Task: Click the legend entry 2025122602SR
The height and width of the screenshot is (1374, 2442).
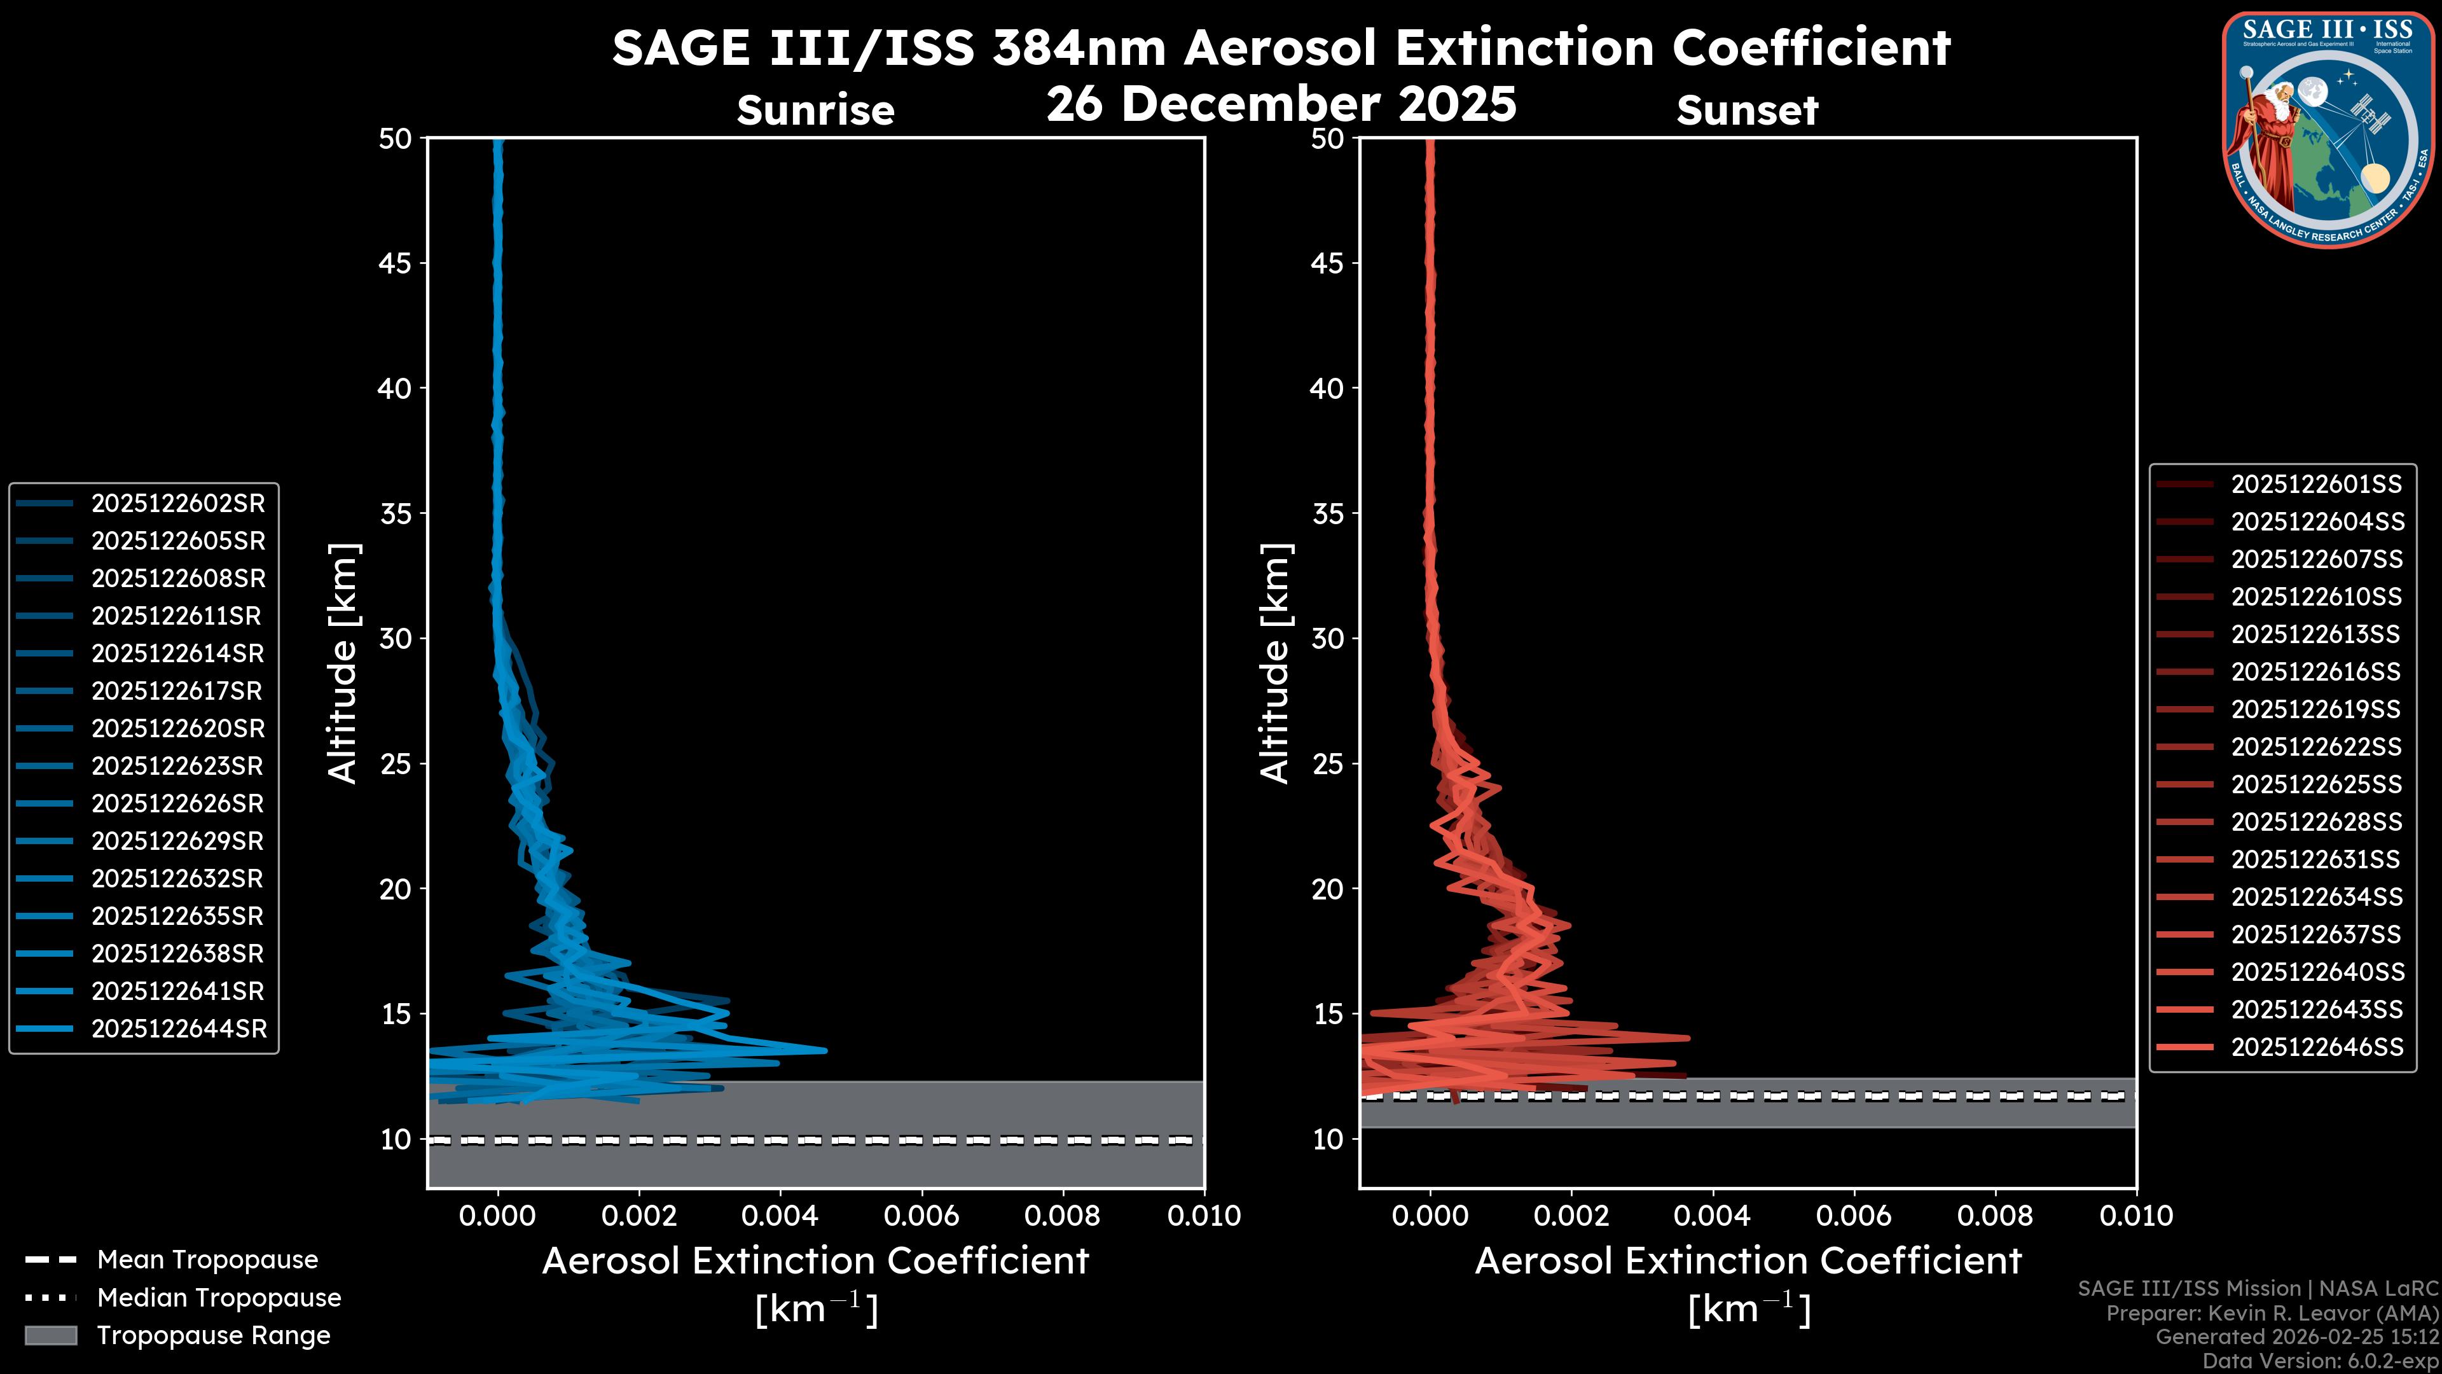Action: [x=177, y=504]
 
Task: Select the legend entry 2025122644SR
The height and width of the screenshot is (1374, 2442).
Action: [x=178, y=1029]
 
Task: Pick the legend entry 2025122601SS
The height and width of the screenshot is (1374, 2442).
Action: [x=2316, y=485]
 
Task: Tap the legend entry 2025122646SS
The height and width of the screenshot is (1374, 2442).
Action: [x=2316, y=1047]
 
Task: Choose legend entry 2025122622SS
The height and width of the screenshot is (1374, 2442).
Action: [x=2316, y=747]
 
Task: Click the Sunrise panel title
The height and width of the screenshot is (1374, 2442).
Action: [x=815, y=110]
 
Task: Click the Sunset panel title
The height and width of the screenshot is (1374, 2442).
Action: [x=1747, y=110]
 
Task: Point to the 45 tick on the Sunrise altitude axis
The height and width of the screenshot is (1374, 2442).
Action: [x=396, y=263]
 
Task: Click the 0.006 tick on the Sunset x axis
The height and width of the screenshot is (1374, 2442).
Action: [x=1854, y=1216]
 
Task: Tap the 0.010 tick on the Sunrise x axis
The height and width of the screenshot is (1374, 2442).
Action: [x=1203, y=1216]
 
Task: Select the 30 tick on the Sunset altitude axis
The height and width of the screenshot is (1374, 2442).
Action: [x=1327, y=638]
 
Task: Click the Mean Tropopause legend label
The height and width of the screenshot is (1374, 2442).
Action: [x=207, y=1260]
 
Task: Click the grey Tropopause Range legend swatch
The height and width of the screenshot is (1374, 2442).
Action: [x=50, y=1335]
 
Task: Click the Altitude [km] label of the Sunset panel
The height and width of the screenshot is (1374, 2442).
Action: [x=1275, y=663]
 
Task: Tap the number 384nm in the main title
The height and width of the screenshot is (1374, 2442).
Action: [x=1079, y=48]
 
